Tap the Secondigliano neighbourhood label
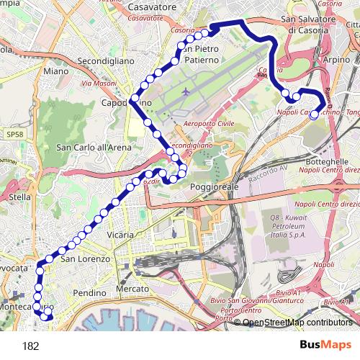point(106,61)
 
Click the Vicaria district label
point(120,235)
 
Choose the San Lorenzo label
point(84,258)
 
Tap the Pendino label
point(89,294)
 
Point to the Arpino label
point(337,60)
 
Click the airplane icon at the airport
point(187,92)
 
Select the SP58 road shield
point(12,134)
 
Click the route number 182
point(31,346)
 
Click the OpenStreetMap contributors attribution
point(297,323)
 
